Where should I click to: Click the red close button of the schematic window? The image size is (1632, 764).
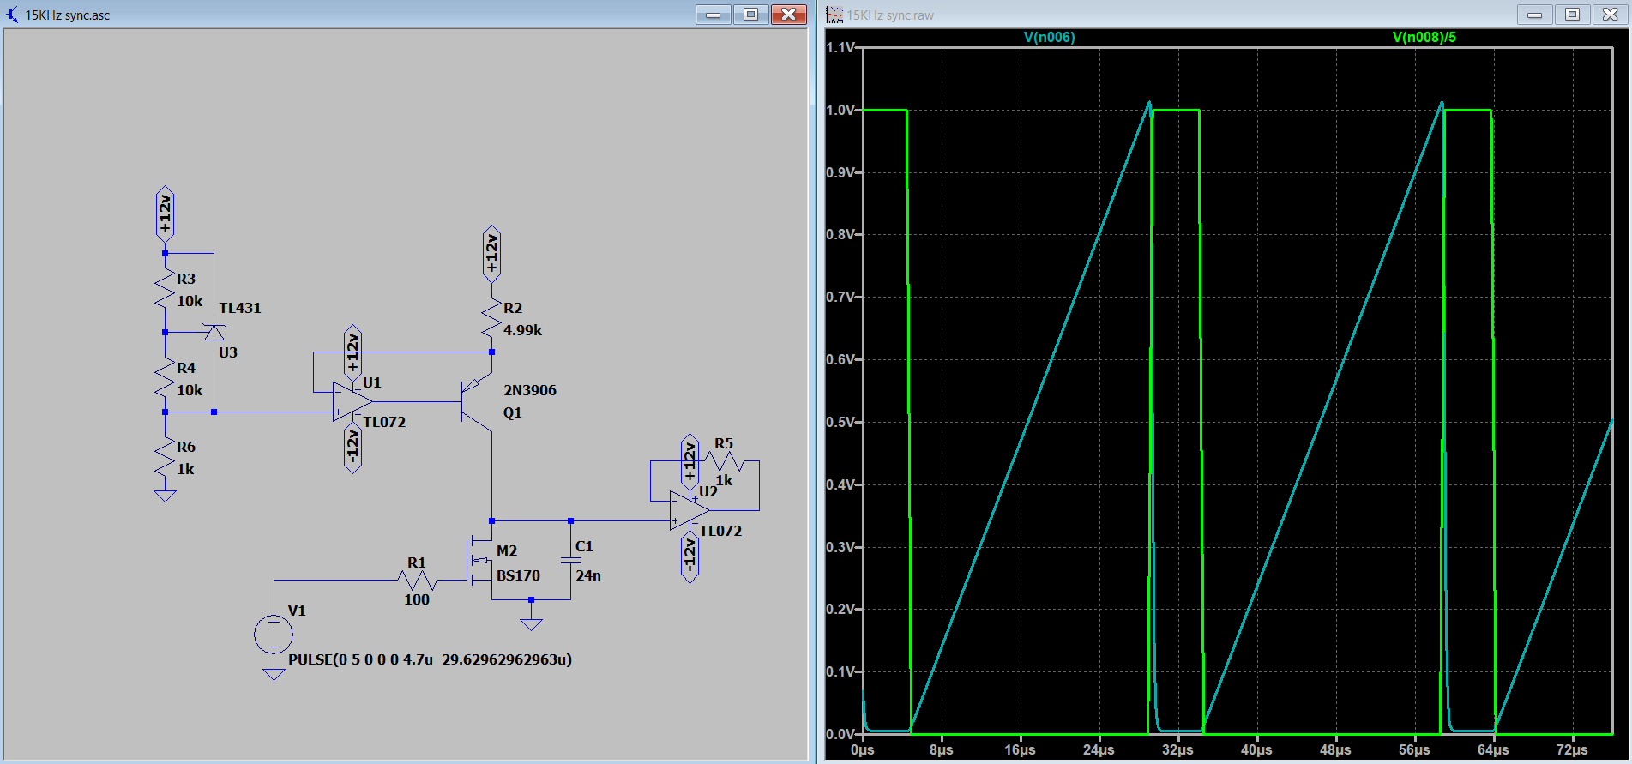pos(788,15)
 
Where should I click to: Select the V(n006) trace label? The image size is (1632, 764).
pos(1049,37)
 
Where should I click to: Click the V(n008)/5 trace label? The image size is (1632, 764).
pos(1424,37)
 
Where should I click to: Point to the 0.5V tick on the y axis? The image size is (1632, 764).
pos(841,422)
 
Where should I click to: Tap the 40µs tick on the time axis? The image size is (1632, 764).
pos(1256,749)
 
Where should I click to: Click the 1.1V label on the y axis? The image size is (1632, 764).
pos(841,47)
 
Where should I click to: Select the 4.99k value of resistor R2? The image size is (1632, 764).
pos(522,330)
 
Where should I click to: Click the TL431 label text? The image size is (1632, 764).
pos(240,308)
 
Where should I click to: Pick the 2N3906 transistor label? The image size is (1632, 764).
pos(530,390)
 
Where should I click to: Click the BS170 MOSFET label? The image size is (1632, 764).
pos(518,575)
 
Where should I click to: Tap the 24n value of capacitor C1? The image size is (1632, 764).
pos(588,575)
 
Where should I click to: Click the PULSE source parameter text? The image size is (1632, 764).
pos(431,659)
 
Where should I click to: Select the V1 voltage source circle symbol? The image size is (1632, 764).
pos(274,635)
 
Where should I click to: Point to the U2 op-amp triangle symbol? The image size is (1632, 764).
pos(690,510)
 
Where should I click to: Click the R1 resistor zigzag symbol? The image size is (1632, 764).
pos(418,581)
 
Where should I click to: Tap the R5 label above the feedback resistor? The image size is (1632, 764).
pos(724,443)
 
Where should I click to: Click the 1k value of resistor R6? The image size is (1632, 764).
pos(185,469)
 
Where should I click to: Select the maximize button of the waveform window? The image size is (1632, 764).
pos(1572,15)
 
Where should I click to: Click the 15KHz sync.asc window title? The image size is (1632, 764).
pos(67,15)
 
